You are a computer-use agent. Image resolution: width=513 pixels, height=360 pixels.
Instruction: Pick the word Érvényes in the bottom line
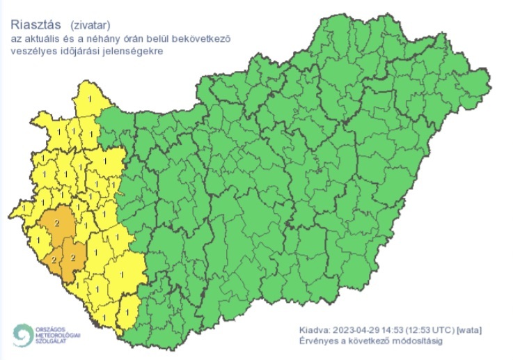pyautogui.click(x=317, y=341)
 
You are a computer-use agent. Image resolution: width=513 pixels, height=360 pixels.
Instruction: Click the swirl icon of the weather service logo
pyautogui.click(x=22, y=335)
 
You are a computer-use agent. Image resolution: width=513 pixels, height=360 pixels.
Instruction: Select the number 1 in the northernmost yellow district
pyautogui.click(x=84, y=102)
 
